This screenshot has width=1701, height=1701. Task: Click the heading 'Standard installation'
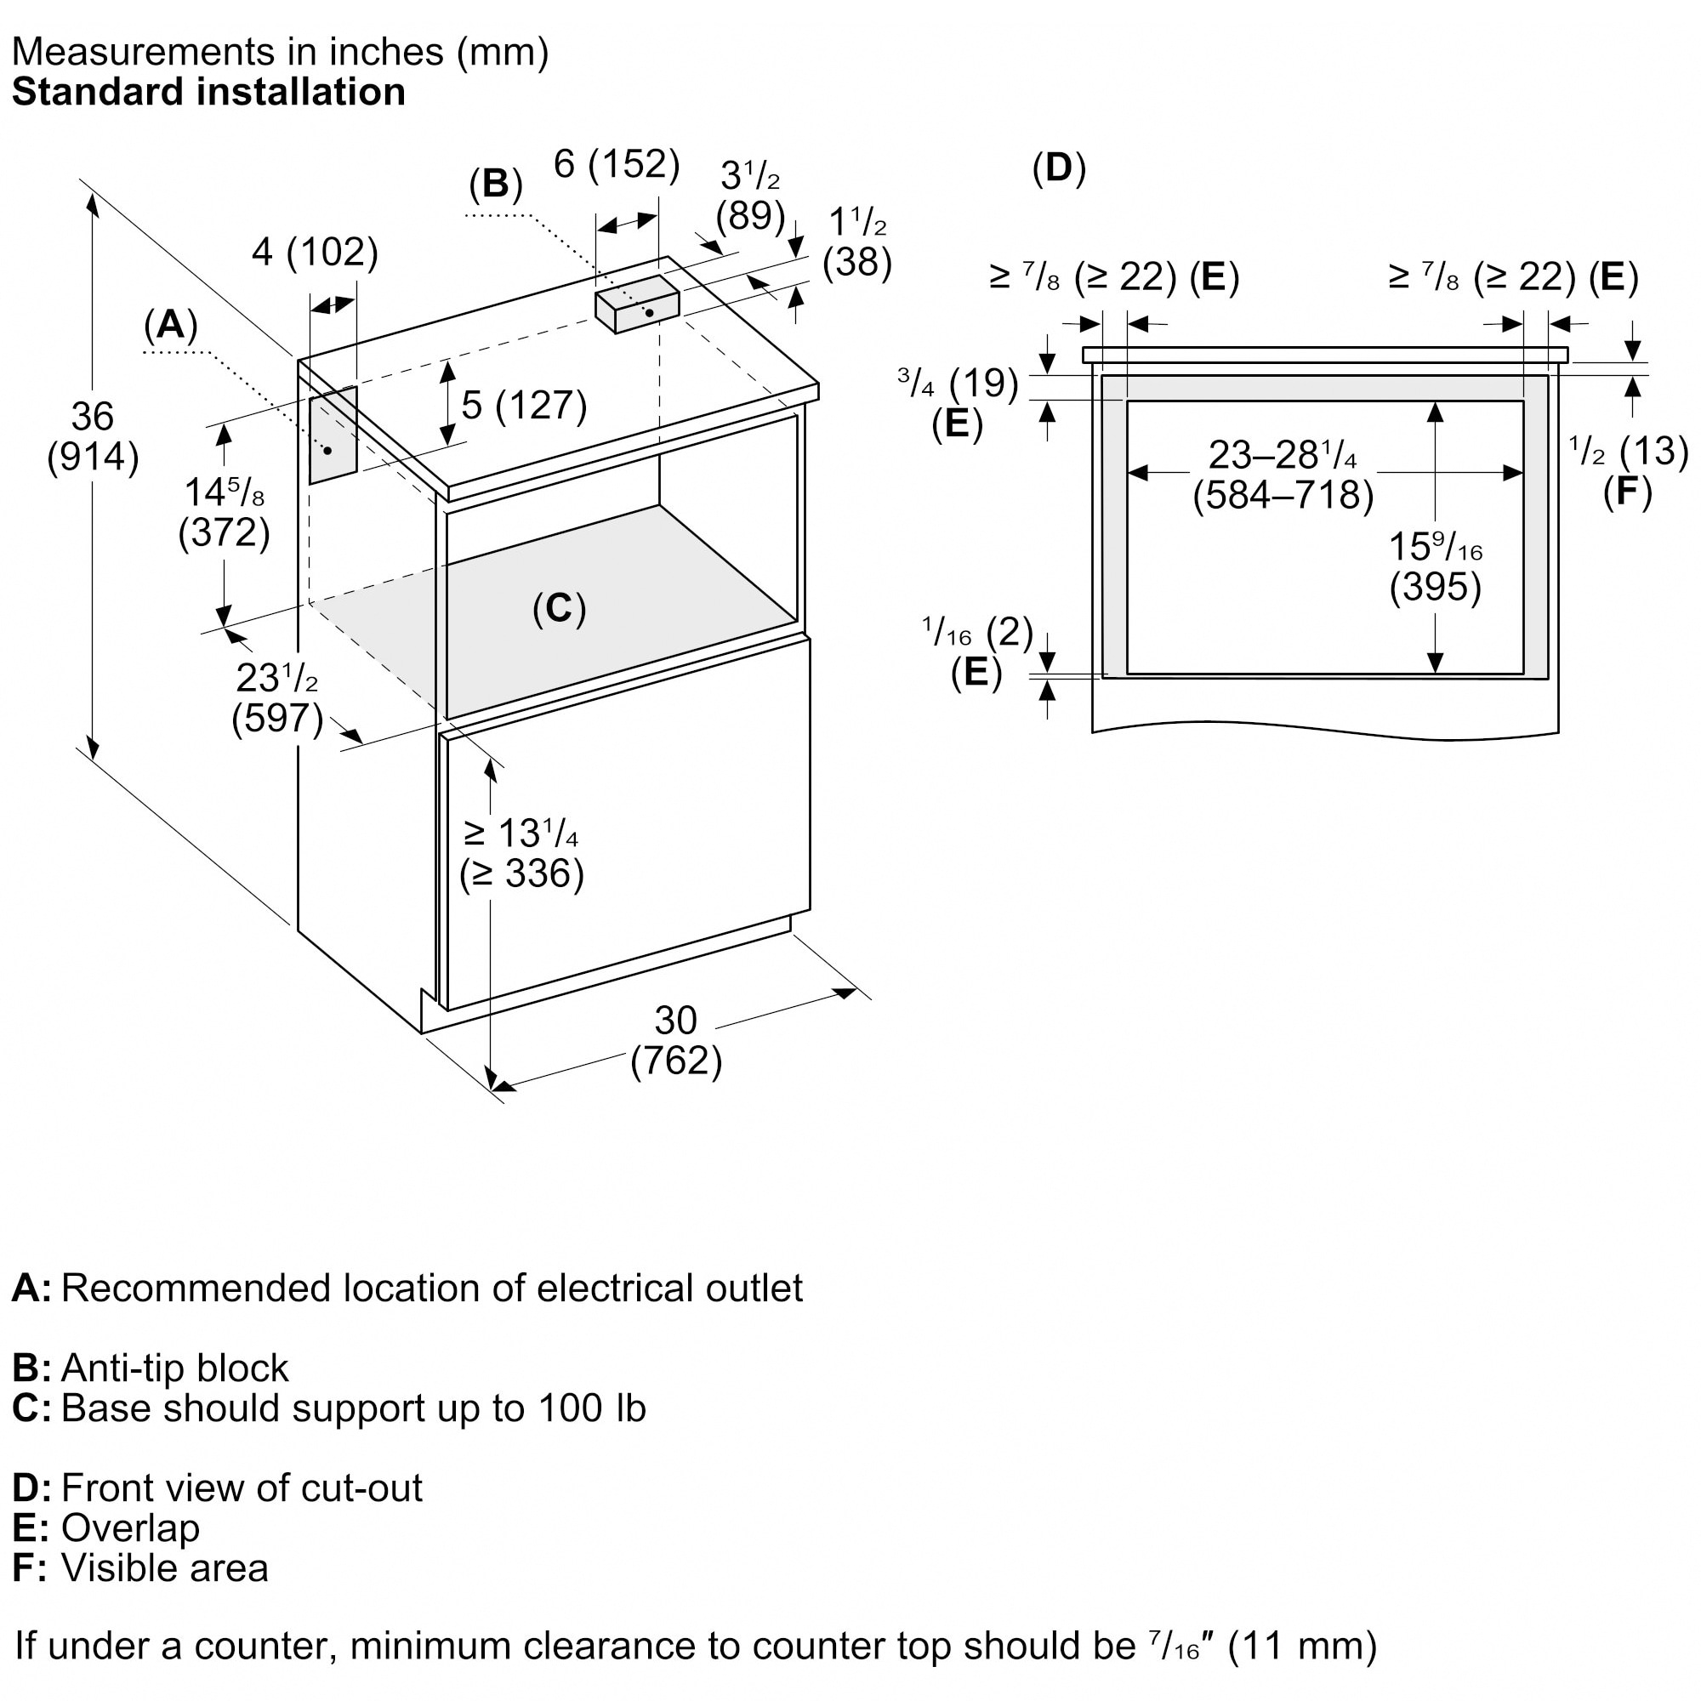coord(208,93)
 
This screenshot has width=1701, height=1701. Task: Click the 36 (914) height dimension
coord(93,436)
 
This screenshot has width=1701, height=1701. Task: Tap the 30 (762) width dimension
coord(675,1041)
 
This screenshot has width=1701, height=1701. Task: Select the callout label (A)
coord(170,325)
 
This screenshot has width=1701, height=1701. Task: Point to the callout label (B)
coord(496,184)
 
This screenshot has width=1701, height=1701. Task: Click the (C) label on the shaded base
coord(559,608)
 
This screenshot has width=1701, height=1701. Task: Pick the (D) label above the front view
coord(1059,168)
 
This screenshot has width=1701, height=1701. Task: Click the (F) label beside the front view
coord(1627,492)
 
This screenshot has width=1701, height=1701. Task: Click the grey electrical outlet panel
coord(333,435)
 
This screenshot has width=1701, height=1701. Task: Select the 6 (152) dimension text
coord(617,165)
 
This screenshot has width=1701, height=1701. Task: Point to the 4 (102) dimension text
coord(315,253)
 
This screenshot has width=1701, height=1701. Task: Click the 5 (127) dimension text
coord(524,405)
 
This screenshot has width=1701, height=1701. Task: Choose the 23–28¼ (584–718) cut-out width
coord(1283,475)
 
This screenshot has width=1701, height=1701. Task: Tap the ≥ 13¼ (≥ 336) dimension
coord(521,853)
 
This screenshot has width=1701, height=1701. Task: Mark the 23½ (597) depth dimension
coord(277,698)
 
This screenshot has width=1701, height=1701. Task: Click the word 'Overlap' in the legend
coord(130,1527)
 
